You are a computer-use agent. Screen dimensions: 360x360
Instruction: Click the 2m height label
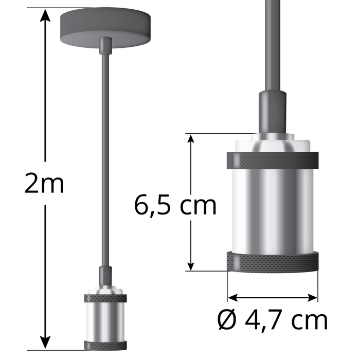[x=45, y=184]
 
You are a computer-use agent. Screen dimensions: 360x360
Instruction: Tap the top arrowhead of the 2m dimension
[x=46, y=15]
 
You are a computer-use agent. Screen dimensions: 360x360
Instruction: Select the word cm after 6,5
[x=197, y=207]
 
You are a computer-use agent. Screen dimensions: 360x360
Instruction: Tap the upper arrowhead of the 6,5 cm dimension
[x=191, y=140]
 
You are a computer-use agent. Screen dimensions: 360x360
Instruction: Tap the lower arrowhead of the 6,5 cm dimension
[x=191, y=264]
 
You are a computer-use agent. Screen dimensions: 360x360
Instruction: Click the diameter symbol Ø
[x=227, y=320]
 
